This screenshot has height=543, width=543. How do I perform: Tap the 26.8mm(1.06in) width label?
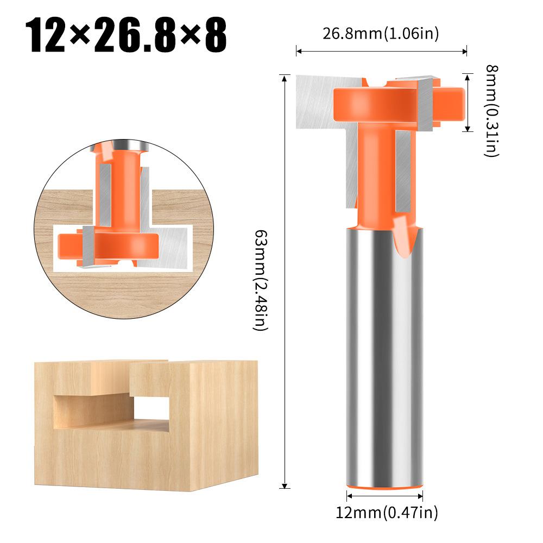click(x=381, y=34)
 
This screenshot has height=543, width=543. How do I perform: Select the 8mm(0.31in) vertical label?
click(x=491, y=110)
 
